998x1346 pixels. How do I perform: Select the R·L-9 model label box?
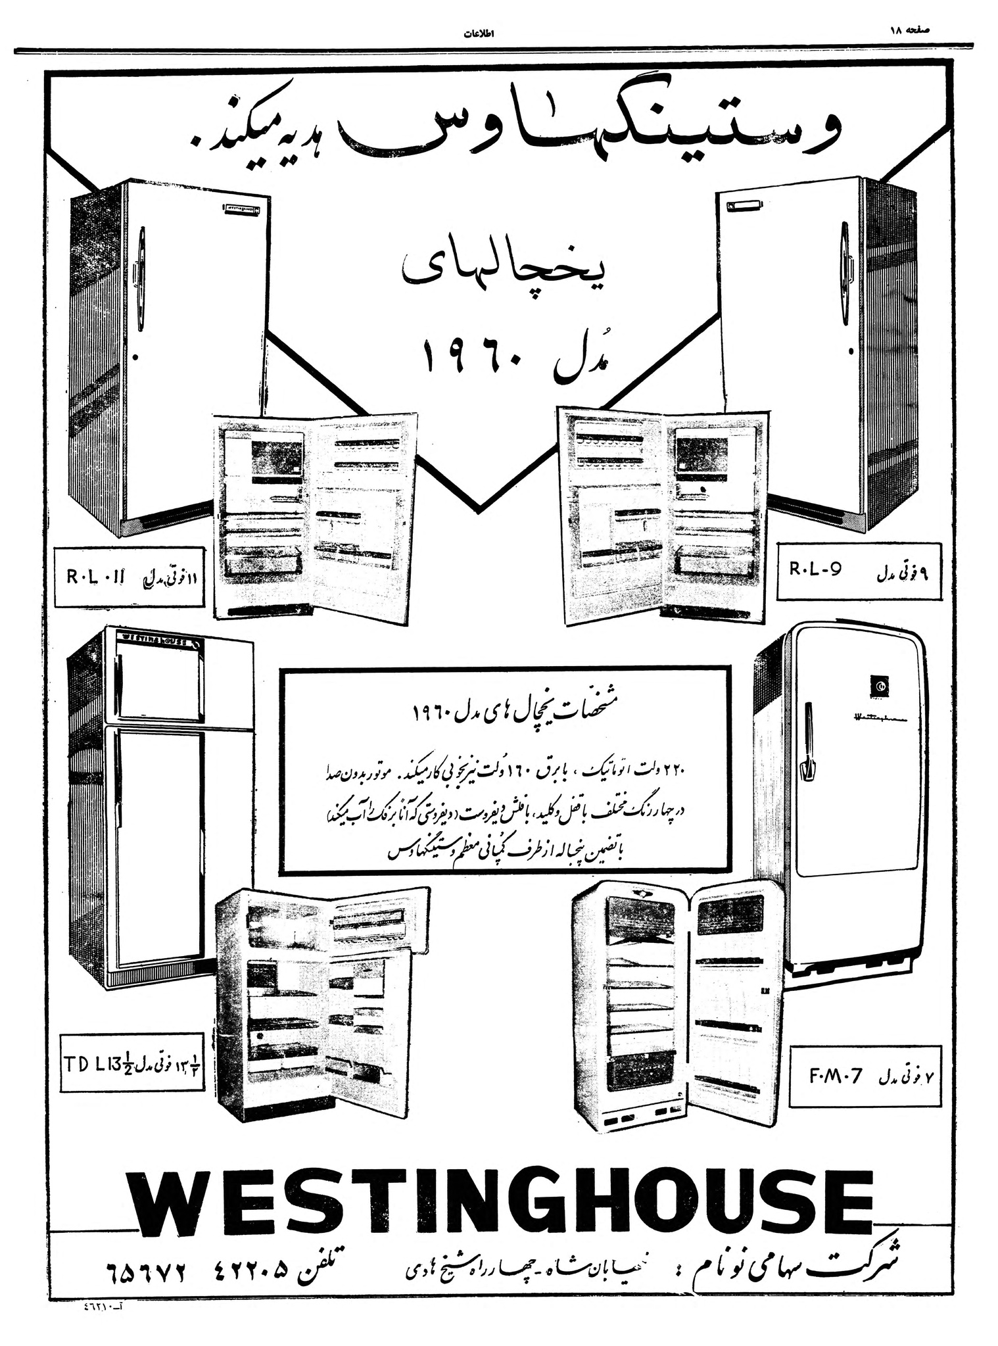pos(859,571)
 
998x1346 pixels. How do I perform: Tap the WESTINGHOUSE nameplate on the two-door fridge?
pos(153,639)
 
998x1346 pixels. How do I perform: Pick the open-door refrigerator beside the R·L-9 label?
pos(663,516)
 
